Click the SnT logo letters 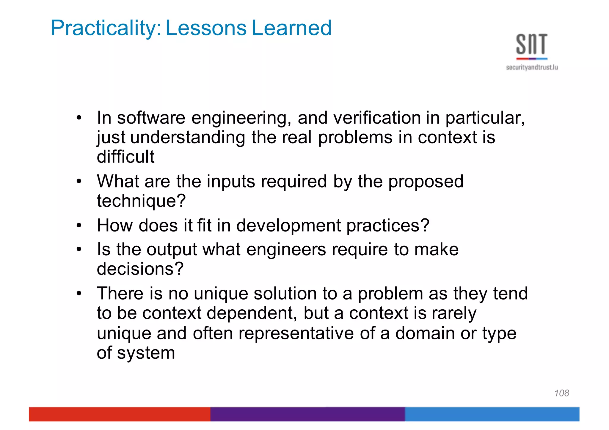pos(531,44)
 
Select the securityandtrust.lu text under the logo pos(532,67)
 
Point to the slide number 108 pos(561,393)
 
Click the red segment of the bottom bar pos(119,414)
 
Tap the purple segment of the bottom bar pos(307,414)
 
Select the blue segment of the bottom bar pos(492,414)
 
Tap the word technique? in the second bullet pos(141,201)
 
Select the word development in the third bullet pos(288,225)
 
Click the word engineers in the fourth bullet pos(286,249)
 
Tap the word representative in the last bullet pos(296,333)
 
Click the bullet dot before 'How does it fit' pos(79,226)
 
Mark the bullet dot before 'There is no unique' pos(79,294)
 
